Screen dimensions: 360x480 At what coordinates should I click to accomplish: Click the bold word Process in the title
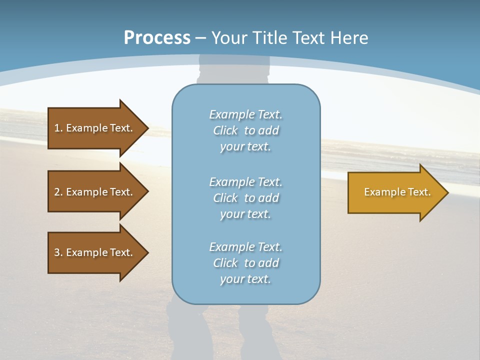tap(157, 38)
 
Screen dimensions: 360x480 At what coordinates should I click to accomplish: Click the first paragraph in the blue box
tap(246, 130)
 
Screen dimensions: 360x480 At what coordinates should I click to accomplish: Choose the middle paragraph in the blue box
tap(246, 197)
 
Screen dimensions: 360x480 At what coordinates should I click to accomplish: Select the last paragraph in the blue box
tap(246, 263)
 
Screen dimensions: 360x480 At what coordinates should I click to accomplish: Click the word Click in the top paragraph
tap(225, 130)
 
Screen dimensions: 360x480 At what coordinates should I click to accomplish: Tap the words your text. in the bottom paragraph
tap(245, 279)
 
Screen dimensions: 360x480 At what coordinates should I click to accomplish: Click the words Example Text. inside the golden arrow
tap(397, 192)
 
